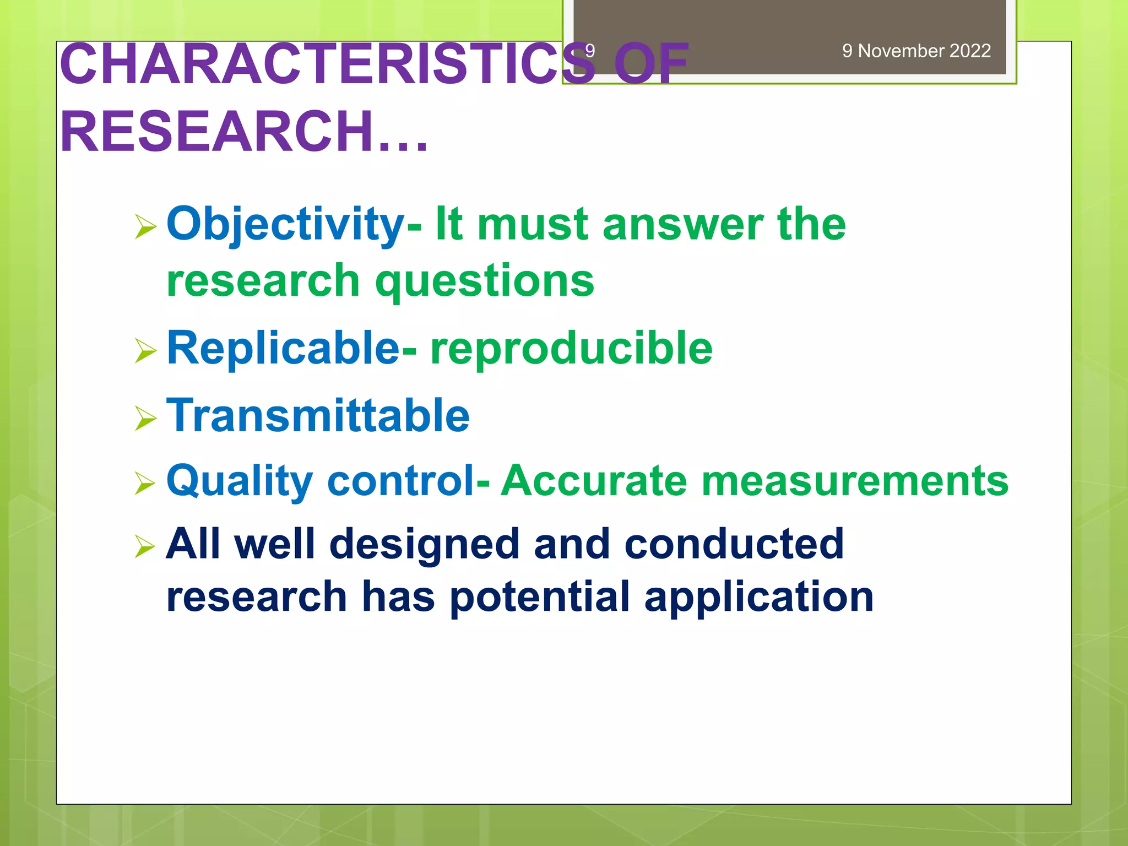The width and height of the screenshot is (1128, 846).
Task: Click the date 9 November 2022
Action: point(916,51)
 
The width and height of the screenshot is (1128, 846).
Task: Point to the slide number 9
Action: point(590,51)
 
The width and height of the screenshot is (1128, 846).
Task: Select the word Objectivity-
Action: point(294,225)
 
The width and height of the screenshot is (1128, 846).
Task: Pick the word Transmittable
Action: point(318,415)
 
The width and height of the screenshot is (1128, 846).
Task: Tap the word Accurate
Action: point(594,480)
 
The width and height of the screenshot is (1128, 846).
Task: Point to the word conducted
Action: point(734,544)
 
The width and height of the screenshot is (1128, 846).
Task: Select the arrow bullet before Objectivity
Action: point(145,227)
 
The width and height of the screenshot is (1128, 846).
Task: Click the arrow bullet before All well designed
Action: point(145,546)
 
